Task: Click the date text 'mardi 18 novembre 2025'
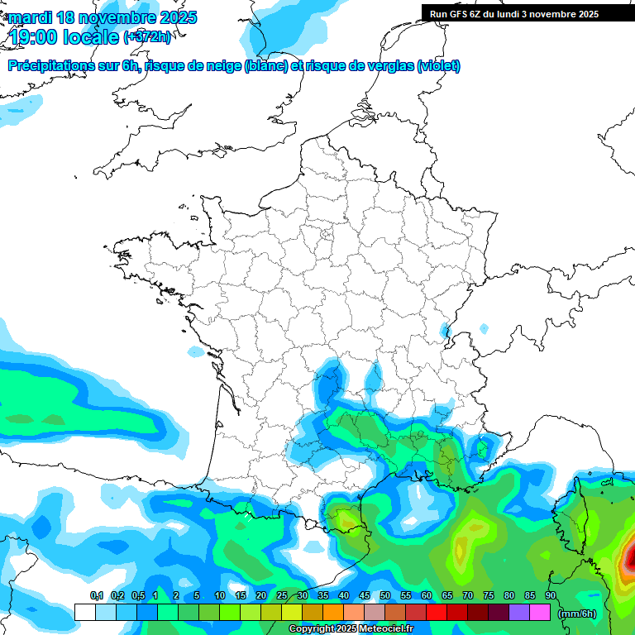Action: coord(103,17)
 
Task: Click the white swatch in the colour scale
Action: coord(84,613)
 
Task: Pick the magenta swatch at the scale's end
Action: coord(540,613)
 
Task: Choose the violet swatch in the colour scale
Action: coord(519,613)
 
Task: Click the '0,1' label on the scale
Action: coord(97,595)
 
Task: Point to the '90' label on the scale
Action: coord(550,595)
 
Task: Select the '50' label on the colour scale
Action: coord(385,595)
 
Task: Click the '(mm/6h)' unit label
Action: coord(576,613)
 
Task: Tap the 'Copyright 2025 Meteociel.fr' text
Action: coord(351,629)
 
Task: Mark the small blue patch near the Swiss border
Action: coord(447,331)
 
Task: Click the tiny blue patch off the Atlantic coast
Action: coord(196,351)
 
